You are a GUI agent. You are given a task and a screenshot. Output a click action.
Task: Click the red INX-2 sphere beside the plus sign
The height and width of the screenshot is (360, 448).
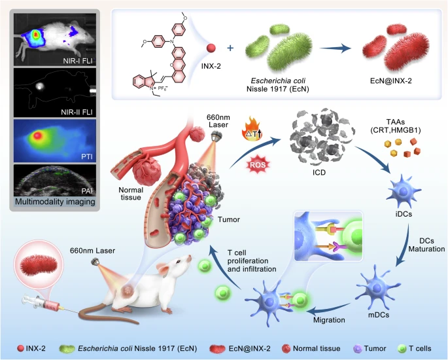(x=211, y=49)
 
